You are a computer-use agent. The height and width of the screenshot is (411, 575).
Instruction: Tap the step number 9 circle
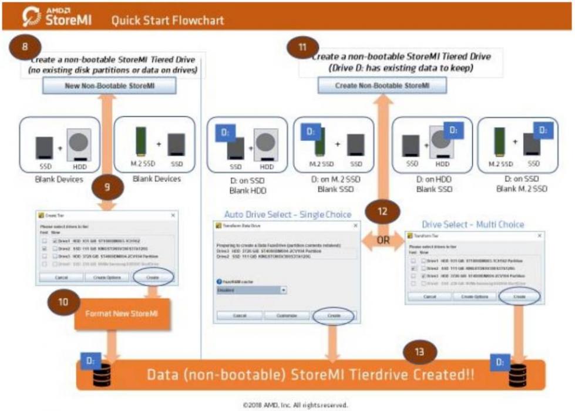pos(107,188)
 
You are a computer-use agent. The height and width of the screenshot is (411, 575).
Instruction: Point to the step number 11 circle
pos(302,49)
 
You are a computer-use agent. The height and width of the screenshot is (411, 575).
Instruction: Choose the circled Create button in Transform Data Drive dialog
pos(334,315)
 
